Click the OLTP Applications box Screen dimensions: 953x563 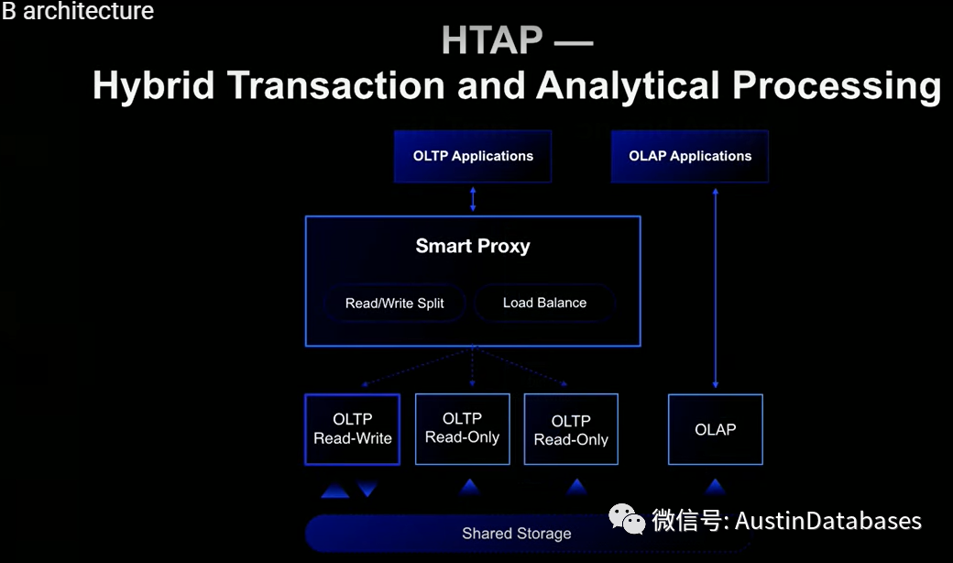473,156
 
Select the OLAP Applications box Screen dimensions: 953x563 690,156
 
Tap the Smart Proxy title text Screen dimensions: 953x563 473,246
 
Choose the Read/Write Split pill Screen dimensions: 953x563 394,304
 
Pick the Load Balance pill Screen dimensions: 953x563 544,303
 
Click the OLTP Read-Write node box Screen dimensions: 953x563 353,429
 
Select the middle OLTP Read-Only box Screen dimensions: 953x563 462,428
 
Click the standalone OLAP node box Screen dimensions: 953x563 715,429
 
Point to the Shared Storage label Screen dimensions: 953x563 517,534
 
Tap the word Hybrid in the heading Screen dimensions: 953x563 154,86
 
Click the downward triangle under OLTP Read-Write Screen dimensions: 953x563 367,490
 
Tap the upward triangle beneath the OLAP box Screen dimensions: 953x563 715,487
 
